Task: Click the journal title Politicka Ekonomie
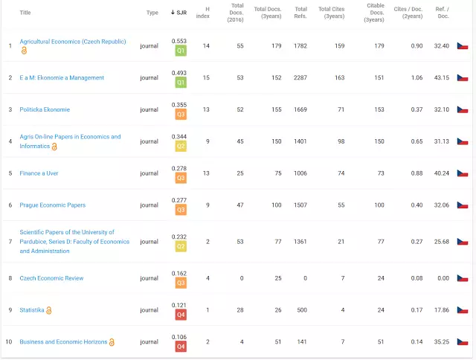click(45, 109)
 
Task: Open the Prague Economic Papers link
click(52, 205)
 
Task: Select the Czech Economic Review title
click(51, 278)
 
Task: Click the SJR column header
click(179, 13)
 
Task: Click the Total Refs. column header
click(300, 13)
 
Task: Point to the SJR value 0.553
click(179, 41)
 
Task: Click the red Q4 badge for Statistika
click(180, 315)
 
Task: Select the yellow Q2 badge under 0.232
click(180, 247)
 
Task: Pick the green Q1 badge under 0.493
click(180, 83)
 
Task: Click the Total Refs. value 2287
click(300, 77)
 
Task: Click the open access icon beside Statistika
click(49, 310)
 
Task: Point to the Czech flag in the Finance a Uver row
click(462, 173)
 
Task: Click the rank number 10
click(10, 342)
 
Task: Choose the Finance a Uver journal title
click(39, 173)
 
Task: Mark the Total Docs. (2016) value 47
click(239, 205)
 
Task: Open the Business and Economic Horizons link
click(63, 342)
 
